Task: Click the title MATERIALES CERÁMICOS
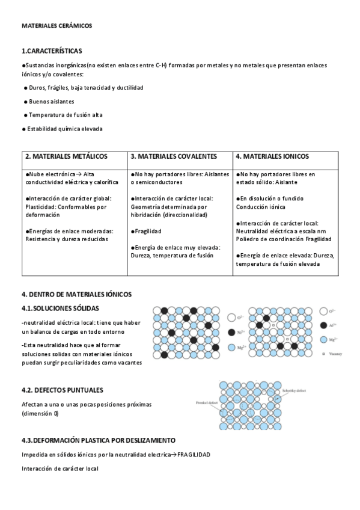(x=56, y=26)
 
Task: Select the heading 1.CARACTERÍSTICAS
(x=52, y=51)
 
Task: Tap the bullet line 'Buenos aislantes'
(x=52, y=101)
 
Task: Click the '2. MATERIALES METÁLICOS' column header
(x=66, y=156)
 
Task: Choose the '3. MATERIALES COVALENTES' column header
(x=174, y=156)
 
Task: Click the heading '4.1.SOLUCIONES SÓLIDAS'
(x=61, y=309)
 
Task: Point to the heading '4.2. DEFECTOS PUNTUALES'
(x=63, y=390)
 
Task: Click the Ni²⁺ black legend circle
(x=231, y=331)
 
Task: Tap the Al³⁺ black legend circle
(x=323, y=325)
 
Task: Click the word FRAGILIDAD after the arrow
(x=194, y=454)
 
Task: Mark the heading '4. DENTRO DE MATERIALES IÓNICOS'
(x=76, y=294)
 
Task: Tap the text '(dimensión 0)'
(x=40, y=414)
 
